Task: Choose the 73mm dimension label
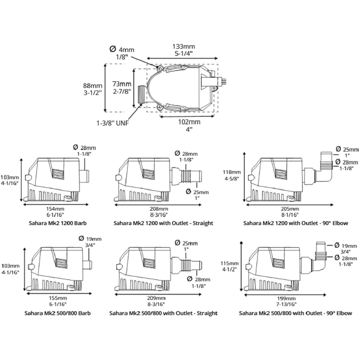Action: click(x=122, y=87)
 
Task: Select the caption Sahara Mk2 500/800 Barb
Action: click(x=58, y=313)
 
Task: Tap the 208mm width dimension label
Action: click(x=158, y=212)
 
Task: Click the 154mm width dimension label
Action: click(x=55, y=212)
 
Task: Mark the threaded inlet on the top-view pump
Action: click(x=142, y=94)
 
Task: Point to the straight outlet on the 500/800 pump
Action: click(x=187, y=265)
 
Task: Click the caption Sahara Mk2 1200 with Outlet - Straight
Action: click(x=163, y=223)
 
